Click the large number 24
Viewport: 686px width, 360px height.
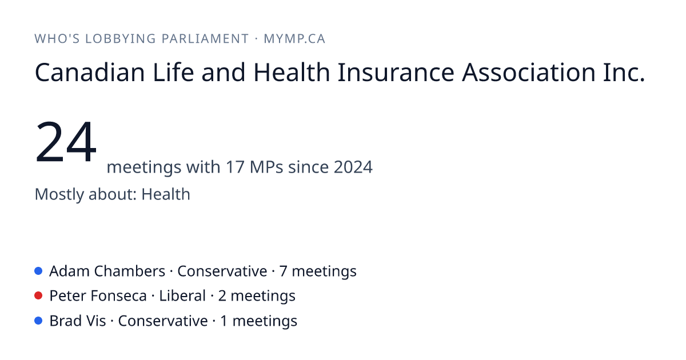point(66,142)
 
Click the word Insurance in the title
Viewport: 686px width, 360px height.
point(396,72)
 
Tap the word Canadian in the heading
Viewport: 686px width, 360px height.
point(90,72)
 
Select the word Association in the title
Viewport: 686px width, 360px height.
point(529,72)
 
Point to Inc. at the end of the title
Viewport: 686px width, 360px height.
point(624,72)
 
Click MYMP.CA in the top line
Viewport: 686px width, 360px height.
point(294,39)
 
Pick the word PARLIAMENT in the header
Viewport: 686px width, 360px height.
point(205,39)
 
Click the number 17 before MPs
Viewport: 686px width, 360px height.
point(235,167)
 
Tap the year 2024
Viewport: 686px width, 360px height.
point(353,167)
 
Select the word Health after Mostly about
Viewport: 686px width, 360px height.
point(166,194)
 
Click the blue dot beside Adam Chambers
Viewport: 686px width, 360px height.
point(38,271)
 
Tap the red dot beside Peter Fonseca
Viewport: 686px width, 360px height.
point(38,296)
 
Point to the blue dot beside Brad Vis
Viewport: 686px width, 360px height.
point(38,321)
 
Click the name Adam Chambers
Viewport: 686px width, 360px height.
point(107,271)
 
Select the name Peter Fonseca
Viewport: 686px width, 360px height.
point(98,296)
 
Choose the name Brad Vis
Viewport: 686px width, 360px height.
point(78,321)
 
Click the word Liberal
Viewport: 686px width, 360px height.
point(182,296)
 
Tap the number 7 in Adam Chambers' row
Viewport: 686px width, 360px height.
point(283,271)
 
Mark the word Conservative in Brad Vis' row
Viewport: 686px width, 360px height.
point(163,321)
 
